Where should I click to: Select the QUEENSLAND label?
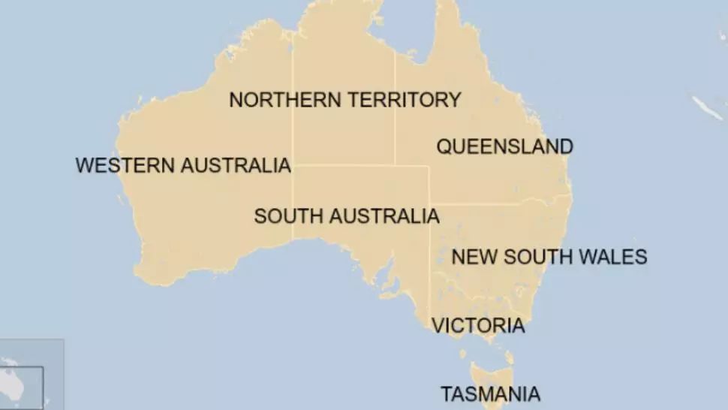(504, 146)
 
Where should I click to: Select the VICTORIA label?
(477, 326)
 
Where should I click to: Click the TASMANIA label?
(489, 393)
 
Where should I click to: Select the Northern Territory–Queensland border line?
(395, 128)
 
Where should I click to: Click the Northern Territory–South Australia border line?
(345, 165)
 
